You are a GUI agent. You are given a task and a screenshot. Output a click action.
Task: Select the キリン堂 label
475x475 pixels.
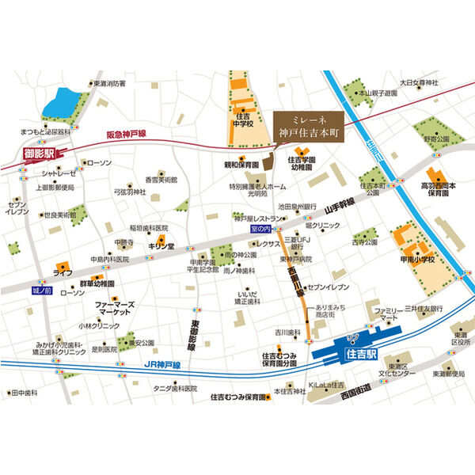[x=161, y=247]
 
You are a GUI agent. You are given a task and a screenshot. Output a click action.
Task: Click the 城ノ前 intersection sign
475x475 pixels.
[x=41, y=291]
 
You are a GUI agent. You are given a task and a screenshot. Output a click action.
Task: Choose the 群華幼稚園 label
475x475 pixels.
[x=97, y=283]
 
